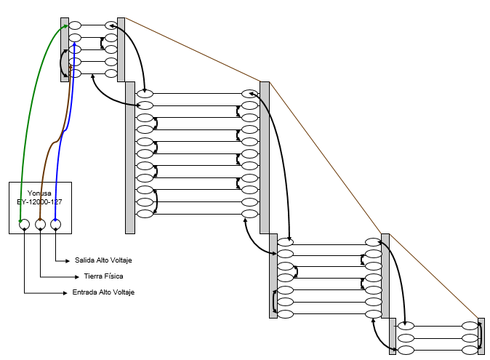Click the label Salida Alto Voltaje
coord(103,260)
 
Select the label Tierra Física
coord(103,276)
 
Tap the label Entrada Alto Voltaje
coord(103,292)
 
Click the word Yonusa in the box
coord(39,193)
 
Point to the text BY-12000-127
coord(39,202)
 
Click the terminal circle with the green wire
coord(25,224)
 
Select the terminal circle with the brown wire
coord(40,224)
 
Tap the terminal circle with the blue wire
coord(56,224)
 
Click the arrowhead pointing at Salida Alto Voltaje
coord(68,260)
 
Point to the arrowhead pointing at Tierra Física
coord(76,277)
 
